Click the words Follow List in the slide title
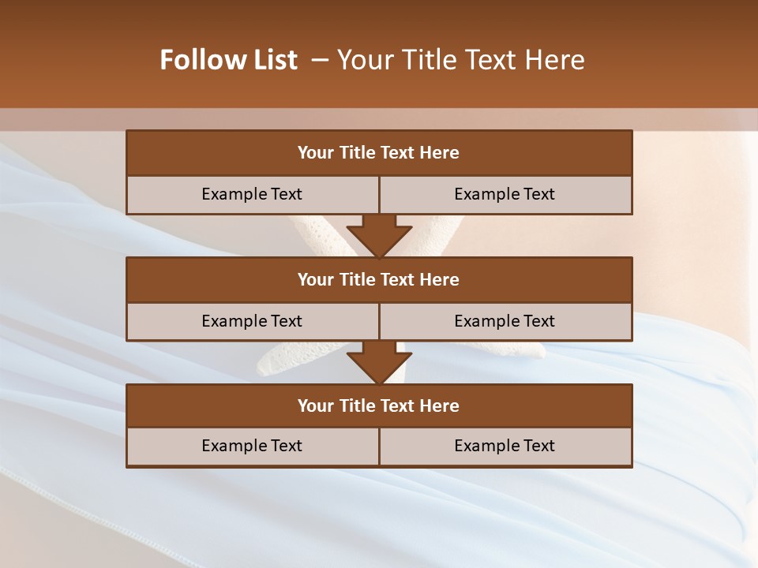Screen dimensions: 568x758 click(x=228, y=60)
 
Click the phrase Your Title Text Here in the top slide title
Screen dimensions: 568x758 click(x=460, y=60)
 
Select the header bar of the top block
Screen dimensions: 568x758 click(x=379, y=153)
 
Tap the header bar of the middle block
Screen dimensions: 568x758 click(x=379, y=280)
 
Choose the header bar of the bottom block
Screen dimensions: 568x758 click(x=379, y=406)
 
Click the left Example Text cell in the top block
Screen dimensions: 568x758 click(x=252, y=194)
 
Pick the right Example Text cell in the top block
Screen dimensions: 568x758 click(x=505, y=194)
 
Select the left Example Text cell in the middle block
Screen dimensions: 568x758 click(x=252, y=321)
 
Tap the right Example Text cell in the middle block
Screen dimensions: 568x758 click(x=505, y=321)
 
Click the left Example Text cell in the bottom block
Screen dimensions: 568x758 click(x=252, y=446)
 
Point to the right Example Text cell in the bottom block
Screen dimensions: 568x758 click(x=505, y=446)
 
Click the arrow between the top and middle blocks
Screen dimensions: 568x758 click(x=379, y=235)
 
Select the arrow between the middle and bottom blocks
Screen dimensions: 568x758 click(x=379, y=362)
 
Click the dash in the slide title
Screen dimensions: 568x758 click(x=320, y=60)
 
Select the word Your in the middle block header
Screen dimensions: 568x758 click(x=315, y=280)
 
